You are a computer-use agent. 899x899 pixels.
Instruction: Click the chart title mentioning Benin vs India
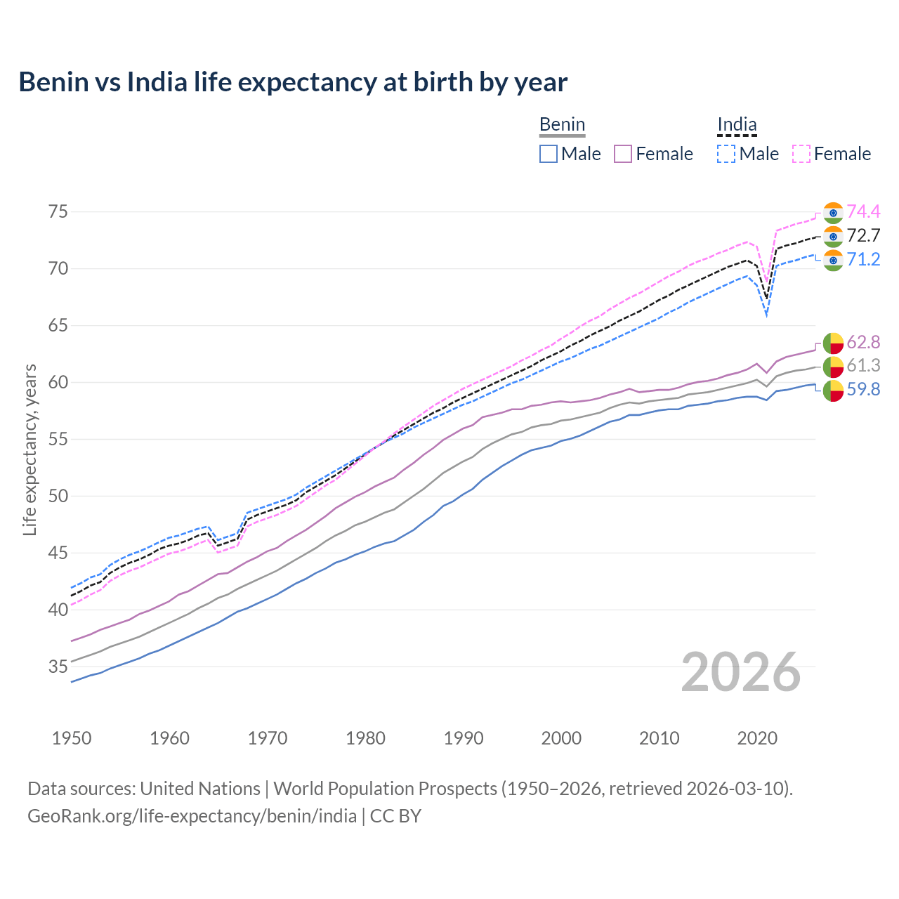click(293, 82)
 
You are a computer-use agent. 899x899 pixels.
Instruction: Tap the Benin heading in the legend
click(562, 125)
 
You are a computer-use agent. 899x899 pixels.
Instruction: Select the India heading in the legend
click(737, 125)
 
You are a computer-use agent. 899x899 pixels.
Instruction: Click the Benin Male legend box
click(549, 154)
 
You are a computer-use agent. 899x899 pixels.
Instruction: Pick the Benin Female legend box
click(623, 154)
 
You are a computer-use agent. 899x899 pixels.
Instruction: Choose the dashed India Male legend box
click(726, 154)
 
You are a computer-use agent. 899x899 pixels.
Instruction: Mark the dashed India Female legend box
click(801, 154)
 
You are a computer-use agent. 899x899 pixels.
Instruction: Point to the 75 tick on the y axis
click(58, 212)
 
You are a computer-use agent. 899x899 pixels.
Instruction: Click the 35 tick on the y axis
click(58, 667)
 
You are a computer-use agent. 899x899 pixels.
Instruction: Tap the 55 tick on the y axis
click(58, 440)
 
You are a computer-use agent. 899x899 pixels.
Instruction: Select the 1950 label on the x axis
click(72, 738)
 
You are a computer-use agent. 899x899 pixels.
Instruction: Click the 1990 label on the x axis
click(464, 738)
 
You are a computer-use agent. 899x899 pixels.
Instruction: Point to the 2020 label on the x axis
click(757, 738)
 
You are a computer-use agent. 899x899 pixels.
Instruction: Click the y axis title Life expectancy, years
click(30, 449)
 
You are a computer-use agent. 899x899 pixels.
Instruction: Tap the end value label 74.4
click(863, 212)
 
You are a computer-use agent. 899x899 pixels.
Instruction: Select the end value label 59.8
click(863, 390)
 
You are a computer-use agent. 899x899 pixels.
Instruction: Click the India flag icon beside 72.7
click(833, 236)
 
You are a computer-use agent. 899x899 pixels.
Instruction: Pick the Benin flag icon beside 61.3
click(833, 366)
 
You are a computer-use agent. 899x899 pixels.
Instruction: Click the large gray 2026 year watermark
click(741, 672)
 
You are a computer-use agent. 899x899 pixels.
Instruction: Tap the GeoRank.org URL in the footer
click(192, 816)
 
